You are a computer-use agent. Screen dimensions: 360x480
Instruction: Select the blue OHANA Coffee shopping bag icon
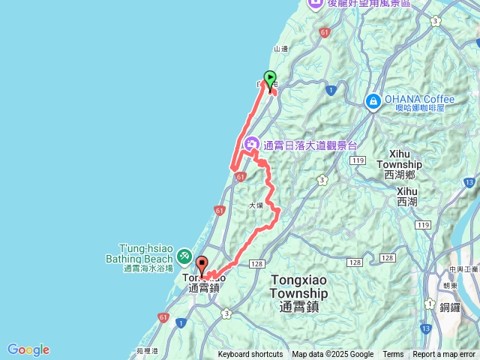click(x=373, y=100)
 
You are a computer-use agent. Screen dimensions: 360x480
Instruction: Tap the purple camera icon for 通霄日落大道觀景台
click(x=253, y=144)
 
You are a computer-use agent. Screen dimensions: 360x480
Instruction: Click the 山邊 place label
click(x=281, y=49)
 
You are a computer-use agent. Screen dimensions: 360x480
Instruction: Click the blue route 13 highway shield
click(x=427, y=328)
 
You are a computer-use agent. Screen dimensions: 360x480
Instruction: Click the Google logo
click(x=28, y=349)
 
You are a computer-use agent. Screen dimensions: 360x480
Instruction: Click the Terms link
click(x=393, y=355)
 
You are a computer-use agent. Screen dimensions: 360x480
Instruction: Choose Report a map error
click(x=444, y=355)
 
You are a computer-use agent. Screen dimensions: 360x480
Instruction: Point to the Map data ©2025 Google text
click(x=332, y=355)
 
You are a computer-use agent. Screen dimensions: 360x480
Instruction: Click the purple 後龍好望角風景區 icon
click(x=314, y=4)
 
